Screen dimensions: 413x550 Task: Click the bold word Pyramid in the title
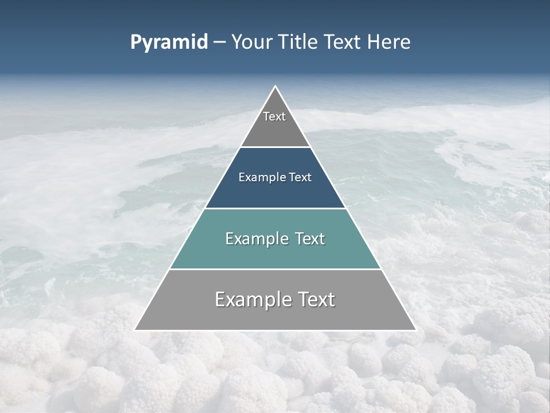pyautogui.click(x=168, y=42)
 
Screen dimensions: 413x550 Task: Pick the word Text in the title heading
pyautogui.click(x=344, y=42)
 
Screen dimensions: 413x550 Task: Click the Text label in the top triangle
pyautogui.click(x=274, y=116)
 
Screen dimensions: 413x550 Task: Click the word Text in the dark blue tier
pyautogui.click(x=300, y=178)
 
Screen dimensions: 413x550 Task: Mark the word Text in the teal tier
pyautogui.click(x=310, y=239)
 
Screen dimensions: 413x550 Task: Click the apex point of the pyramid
pyautogui.click(x=276, y=87)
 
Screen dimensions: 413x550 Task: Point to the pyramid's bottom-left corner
pyautogui.click(x=135, y=330)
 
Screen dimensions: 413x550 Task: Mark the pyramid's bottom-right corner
pyautogui.click(x=415, y=330)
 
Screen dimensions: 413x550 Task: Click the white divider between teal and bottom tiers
pyautogui.click(x=275, y=269)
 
